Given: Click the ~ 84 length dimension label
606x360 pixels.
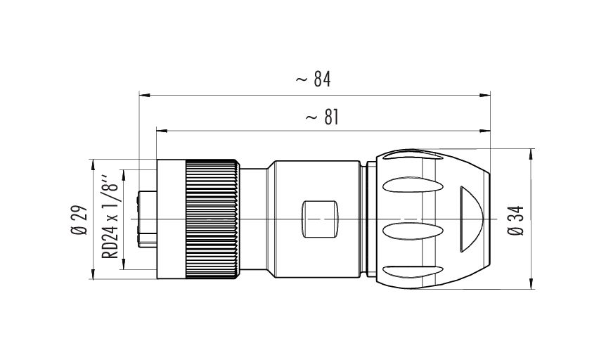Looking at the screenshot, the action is [314, 79].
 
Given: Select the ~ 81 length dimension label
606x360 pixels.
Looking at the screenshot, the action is [322, 117].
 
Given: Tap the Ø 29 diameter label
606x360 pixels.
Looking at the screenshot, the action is [79, 219].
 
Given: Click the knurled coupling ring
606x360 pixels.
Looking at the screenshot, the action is [212, 219].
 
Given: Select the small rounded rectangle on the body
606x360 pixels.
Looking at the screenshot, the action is [319, 219].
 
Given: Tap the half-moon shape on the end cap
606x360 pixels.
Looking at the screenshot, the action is [471, 219].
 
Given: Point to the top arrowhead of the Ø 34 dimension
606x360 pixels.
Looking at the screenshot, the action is [531, 154].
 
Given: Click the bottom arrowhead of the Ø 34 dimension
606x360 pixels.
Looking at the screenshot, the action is [531, 283].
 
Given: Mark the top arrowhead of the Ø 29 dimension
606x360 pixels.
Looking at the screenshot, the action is [93, 165].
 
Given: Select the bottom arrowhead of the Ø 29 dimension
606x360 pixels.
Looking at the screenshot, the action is [93, 274].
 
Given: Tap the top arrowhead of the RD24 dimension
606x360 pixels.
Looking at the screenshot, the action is [124, 175].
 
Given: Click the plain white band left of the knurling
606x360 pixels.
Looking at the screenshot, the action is [172, 219].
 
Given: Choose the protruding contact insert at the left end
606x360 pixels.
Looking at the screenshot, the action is [148, 219].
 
